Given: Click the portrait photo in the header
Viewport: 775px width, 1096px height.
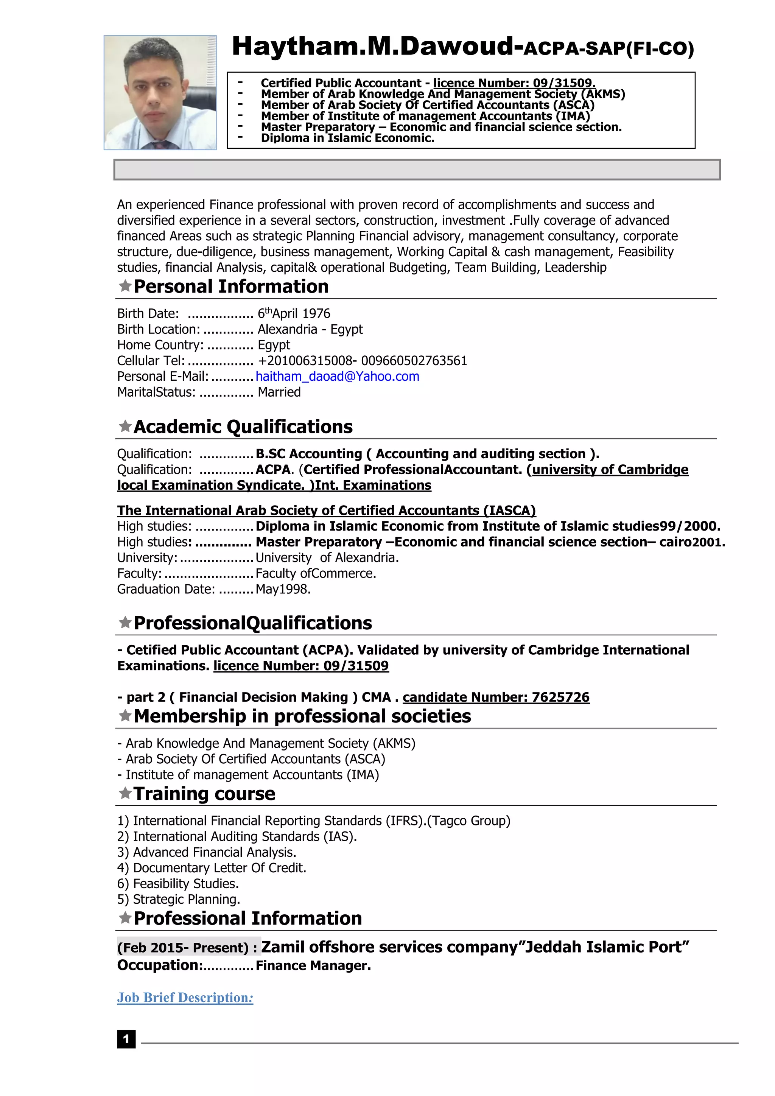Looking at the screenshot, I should click(160, 92).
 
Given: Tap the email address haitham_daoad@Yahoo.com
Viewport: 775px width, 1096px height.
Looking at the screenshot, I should click(338, 377).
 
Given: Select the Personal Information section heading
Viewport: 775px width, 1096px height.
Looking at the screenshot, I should click(231, 287).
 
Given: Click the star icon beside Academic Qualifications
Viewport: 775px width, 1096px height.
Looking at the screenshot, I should click(125, 426).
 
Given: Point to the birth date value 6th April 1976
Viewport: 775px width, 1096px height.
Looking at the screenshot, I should click(294, 314).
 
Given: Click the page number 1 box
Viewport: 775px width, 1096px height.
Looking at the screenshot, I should click(126, 1039).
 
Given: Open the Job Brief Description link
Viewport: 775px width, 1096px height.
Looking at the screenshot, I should click(185, 998).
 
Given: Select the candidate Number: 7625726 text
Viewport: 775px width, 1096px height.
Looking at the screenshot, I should click(496, 697).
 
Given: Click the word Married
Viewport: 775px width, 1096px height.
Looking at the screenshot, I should click(279, 392).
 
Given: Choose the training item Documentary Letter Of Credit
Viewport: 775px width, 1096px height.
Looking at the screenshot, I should click(219, 868).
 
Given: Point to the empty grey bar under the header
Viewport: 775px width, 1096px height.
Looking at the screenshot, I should click(417, 170).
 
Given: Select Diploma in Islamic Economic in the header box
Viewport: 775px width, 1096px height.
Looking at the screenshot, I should click(347, 139).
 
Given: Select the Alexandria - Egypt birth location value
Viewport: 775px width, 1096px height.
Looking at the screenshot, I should click(310, 329).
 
